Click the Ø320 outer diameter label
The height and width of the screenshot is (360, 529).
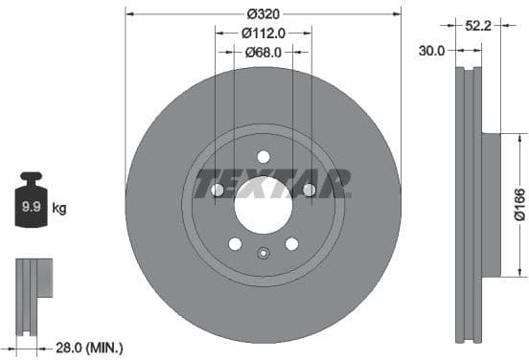pyautogui.click(x=263, y=13)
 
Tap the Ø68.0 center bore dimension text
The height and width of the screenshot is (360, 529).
pyautogui.click(x=263, y=52)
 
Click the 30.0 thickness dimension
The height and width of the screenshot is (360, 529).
pyautogui.click(x=432, y=52)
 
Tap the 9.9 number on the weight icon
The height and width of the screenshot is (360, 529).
pyautogui.click(x=31, y=205)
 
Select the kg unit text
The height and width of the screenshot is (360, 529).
pyautogui.click(x=59, y=207)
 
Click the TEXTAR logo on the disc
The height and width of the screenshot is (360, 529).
pyautogui.click(x=273, y=183)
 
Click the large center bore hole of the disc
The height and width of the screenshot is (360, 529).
pyautogui.click(x=263, y=202)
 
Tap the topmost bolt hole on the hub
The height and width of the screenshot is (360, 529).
pyautogui.click(x=263, y=157)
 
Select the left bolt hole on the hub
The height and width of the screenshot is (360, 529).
pyautogui.click(x=217, y=191)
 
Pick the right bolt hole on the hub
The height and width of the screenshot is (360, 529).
pyautogui.click(x=309, y=191)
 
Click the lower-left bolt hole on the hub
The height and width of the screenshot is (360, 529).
pyautogui.click(x=235, y=244)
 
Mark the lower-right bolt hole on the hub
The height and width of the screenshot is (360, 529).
pyautogui.click(x=291, y=244)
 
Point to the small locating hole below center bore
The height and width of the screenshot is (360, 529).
pyautogui.click(x=263, y=254)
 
